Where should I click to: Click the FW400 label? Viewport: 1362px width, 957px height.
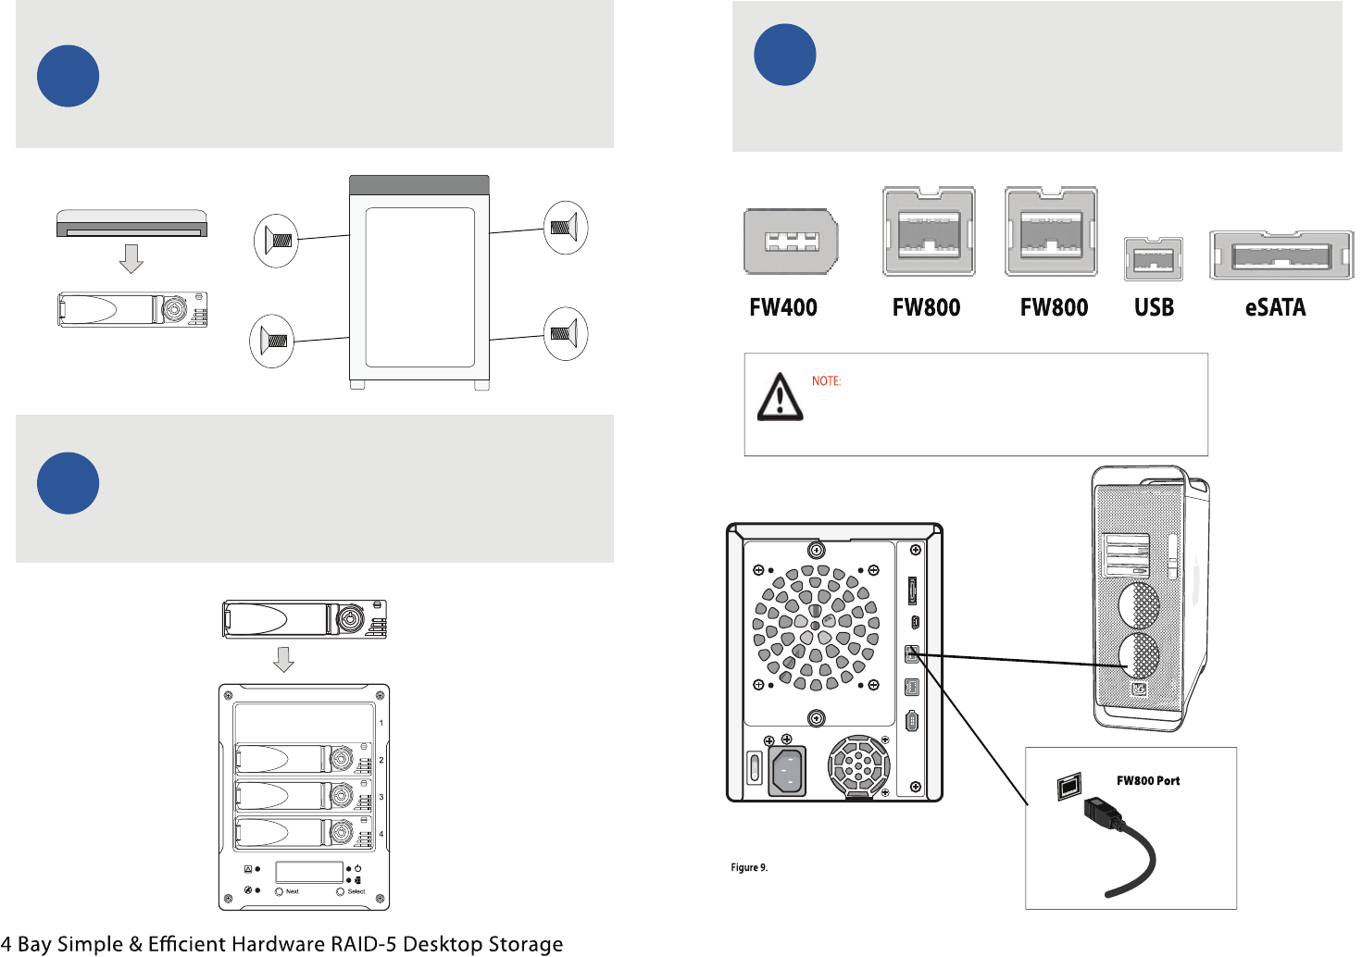(782, 307)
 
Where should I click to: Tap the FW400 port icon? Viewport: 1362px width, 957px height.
(791, 242)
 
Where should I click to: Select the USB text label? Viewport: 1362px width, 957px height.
(1154, 307)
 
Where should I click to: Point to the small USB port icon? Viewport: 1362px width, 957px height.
(1153, 258)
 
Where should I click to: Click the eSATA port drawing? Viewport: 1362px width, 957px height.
(1281, 255)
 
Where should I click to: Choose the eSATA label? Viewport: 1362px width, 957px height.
(1275, 307)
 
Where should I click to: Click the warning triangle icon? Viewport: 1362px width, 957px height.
(780, 397)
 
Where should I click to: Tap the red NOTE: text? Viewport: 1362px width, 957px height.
(826, 380)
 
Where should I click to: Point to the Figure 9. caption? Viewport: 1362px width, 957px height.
(749, 867)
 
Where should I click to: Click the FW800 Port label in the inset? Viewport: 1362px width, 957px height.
(1148, 780)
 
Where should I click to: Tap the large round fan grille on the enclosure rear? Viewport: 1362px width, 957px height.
(815, 628)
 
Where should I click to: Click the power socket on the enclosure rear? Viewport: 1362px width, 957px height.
(787, 770)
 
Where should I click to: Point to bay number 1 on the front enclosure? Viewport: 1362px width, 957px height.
(381, 723)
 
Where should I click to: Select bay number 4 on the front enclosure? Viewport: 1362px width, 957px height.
(381, 834)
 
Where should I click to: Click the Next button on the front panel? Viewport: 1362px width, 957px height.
(280, 891)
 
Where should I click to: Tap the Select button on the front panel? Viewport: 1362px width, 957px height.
(341, 891)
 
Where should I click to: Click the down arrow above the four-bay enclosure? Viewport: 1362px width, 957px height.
(284, 659)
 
